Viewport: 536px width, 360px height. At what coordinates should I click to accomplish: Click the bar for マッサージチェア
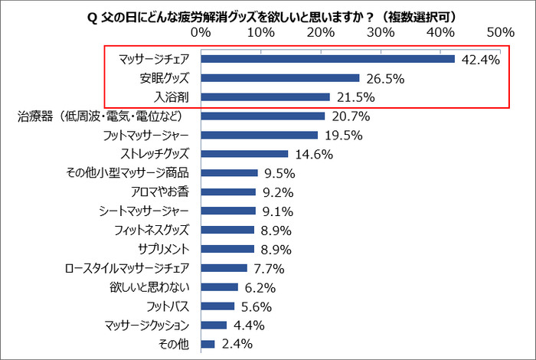click(x=328, y=59)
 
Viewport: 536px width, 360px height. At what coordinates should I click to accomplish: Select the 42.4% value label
click(x=480, y=59)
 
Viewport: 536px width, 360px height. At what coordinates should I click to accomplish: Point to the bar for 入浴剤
click(x=265, y=97)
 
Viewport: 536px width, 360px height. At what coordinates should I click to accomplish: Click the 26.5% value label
click(x=384, y=78)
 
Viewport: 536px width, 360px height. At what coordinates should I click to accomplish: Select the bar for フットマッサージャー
click(x=259, y=135)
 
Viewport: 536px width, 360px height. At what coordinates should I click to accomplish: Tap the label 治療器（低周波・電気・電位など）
click(x=108, y=116)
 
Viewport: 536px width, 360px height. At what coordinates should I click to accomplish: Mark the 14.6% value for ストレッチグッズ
click(x=312, y=154)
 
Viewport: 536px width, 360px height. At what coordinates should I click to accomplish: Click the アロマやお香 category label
click(x=162, y=191)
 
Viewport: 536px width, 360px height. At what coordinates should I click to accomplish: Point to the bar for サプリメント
click(x=227, y=249)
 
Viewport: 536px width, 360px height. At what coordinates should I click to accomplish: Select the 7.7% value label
click(x=269, y=268)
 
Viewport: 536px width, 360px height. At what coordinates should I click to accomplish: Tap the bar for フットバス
click(x=217, y=306)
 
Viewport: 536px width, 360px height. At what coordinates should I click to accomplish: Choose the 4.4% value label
click(x=249, y=325)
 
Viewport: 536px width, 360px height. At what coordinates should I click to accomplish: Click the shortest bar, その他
click(x=208, y=344)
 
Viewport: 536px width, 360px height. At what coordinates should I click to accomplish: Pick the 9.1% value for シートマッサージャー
click(x=277, y=211)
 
